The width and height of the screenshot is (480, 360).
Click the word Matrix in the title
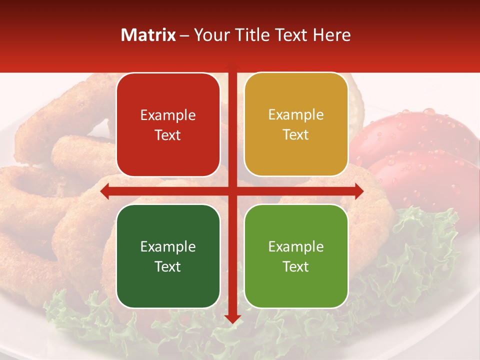[148, 35]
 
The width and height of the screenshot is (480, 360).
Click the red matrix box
[168, 125]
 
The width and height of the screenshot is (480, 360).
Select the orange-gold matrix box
[296, 124]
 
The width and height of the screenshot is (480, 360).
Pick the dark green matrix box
[168, 256]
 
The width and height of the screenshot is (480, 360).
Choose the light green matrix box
[296, 256]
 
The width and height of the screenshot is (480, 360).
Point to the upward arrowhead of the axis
[232, 67]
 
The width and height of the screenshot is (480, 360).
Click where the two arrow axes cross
[232, 191]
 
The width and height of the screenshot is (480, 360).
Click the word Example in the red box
[168, 115]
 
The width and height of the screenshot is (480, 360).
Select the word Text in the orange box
[296, 135]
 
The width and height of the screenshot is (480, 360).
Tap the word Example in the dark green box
[168, 247]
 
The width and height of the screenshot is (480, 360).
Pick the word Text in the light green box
[296, 266]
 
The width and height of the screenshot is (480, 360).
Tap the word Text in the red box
[168, 135]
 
